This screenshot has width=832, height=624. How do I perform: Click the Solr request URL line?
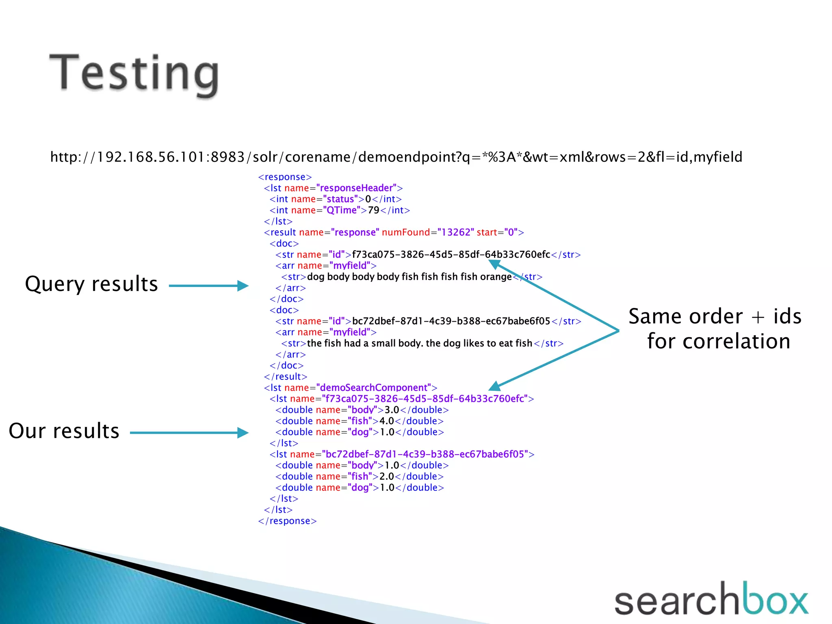coord(396,157)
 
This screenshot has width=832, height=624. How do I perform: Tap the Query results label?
coord(91,284)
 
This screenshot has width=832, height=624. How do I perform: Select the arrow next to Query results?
coord(208,286)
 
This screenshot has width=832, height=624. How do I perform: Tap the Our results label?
coord(64,431)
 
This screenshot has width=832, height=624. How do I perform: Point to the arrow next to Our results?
coord(189,433)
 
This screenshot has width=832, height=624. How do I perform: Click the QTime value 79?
coord(373,210)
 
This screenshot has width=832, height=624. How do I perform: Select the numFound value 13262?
coord(455,232)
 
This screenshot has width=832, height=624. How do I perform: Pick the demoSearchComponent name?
coord(373,388)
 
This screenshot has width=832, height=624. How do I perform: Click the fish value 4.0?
coord(386,421)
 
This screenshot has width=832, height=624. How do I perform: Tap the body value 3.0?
coord(392,410)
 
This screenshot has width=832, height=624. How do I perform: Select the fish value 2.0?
coord(386,476)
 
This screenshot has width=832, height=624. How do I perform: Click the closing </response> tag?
coord(287,521)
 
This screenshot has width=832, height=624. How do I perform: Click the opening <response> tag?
coord(285,177)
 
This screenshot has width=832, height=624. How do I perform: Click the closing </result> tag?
coord(285,377)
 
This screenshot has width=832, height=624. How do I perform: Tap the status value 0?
coord(368,199)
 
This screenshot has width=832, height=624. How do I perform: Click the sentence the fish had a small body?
coord(419,343)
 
